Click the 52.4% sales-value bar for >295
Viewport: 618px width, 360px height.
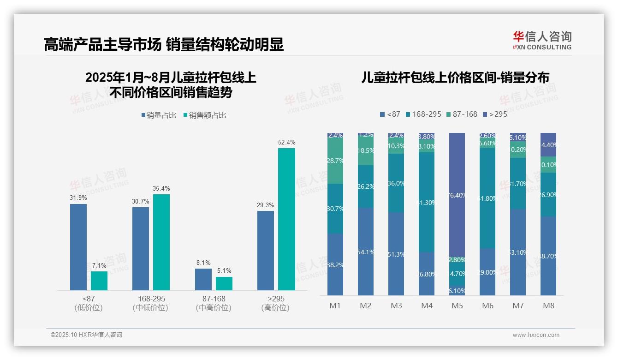[286, 219]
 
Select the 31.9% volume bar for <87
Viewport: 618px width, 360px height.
[78, 247]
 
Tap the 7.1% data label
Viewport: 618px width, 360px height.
[99, 265]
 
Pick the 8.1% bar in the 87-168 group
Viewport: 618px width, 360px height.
[203, 279]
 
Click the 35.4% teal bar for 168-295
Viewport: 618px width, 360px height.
[161, 242]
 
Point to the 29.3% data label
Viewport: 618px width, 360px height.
[266, 205]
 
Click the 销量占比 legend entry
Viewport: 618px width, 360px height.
[159, 115]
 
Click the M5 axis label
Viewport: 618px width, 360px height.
[458, 306]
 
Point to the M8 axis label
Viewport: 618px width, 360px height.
[548, 306]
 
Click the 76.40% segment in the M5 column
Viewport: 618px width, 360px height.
[458, 195]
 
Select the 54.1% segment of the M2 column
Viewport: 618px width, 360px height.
[366, 252]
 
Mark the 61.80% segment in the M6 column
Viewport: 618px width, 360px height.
[487, 198]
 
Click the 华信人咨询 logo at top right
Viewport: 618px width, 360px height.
[542, 40]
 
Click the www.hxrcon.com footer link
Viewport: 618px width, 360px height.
[536, 335]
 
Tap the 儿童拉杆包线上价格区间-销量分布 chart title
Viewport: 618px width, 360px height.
[456, 78]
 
